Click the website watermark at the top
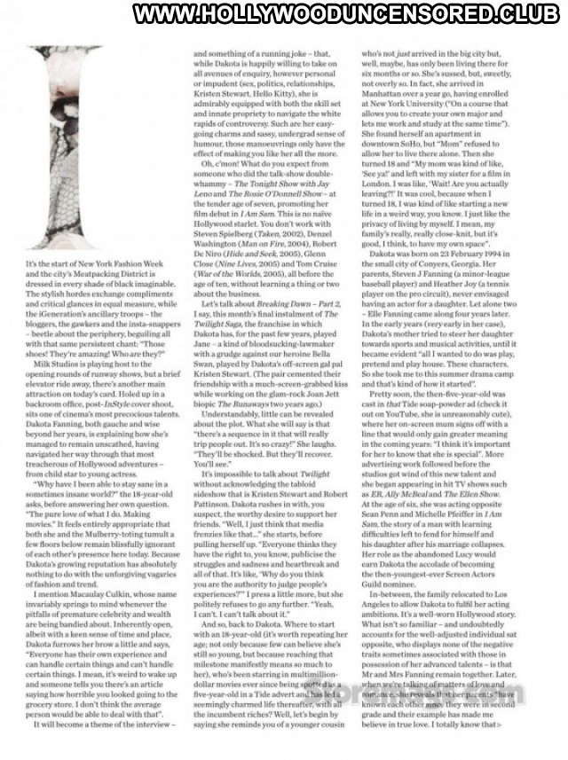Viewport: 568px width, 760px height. coord(284,15)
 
